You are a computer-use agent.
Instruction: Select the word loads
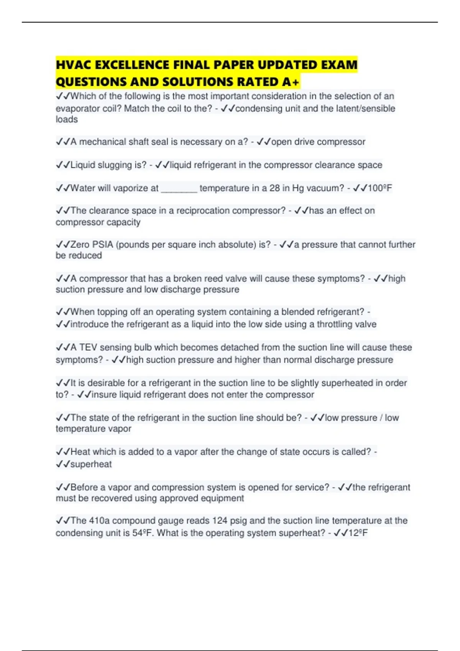click(67, 119)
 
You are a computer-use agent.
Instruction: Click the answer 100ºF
click(379, 188)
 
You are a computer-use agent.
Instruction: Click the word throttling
click(334, 324)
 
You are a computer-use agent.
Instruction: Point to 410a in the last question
click(99, 521)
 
